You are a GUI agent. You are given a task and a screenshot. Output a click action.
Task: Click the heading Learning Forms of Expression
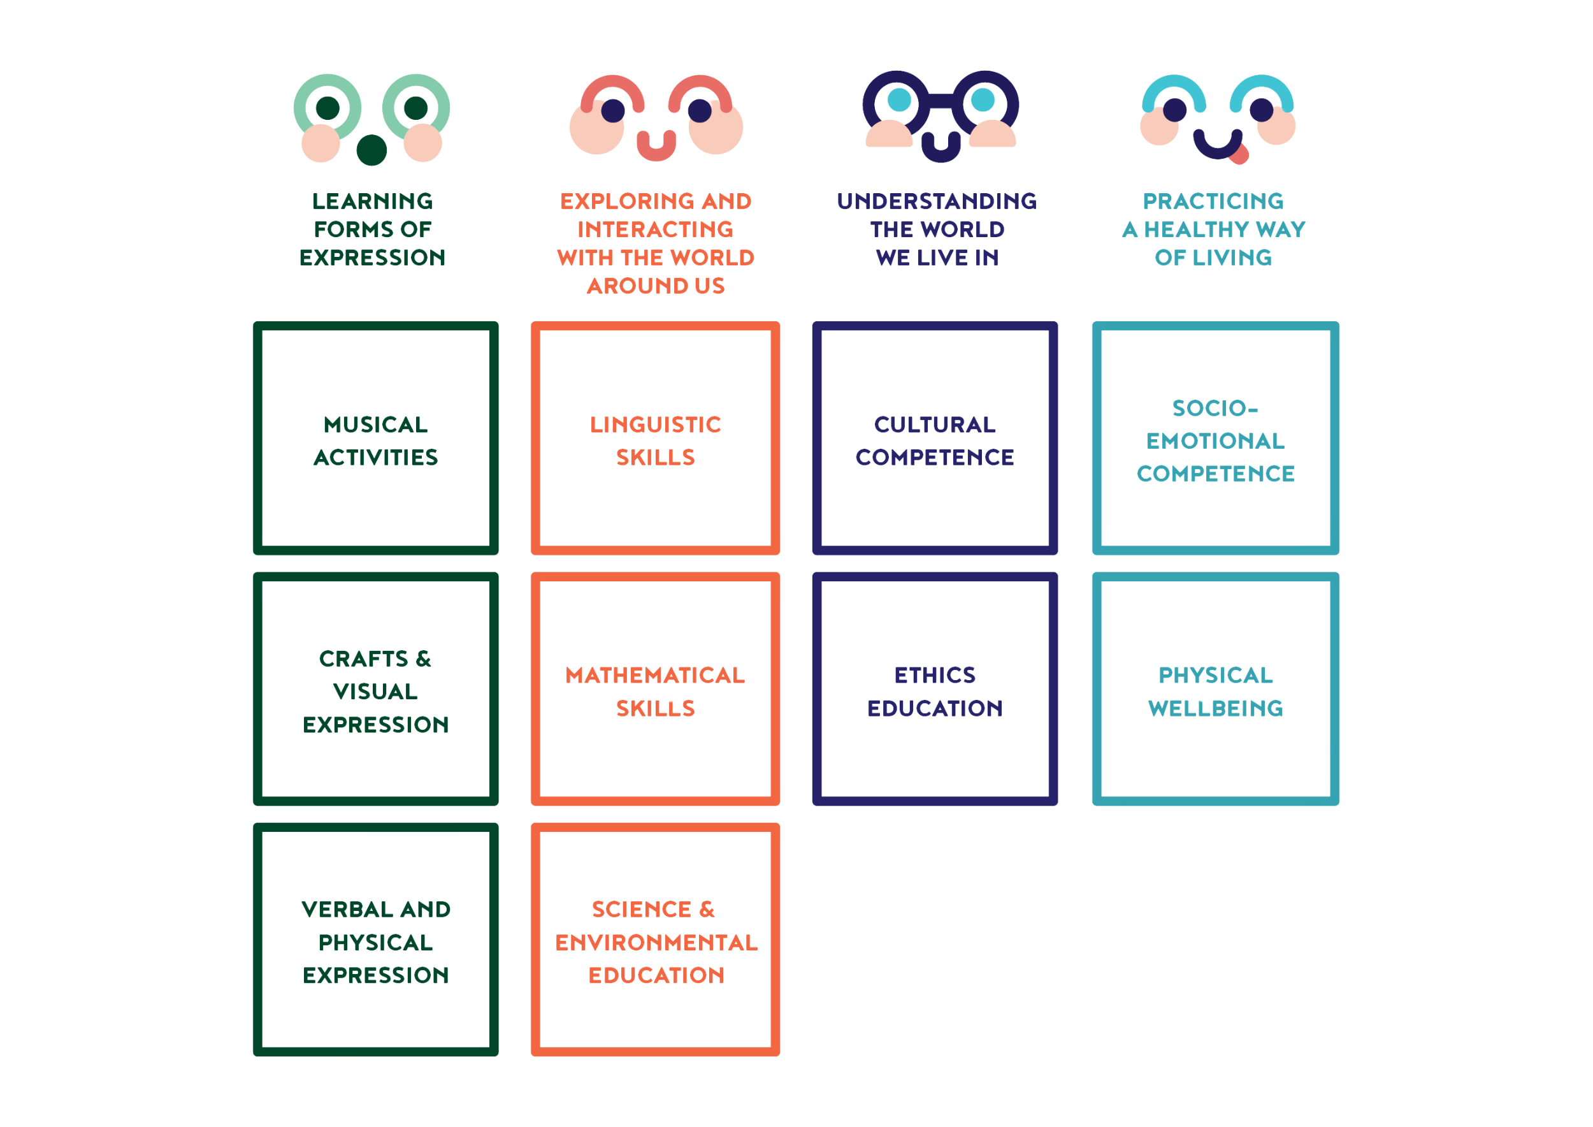click(373, 229)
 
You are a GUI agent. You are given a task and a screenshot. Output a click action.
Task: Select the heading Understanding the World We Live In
click(937, 229)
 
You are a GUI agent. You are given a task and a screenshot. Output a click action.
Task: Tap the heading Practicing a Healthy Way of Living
click(1213, 229)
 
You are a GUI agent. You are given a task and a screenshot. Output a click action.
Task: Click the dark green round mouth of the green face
click(372, 150)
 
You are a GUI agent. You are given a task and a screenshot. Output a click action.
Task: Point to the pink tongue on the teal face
click(1239, 155)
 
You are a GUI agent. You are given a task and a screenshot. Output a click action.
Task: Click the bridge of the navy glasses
click(941, 101)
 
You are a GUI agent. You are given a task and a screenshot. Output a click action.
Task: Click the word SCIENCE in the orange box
click(641, 909)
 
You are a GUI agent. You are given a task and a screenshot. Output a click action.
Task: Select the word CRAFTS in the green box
click(364, 658)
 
